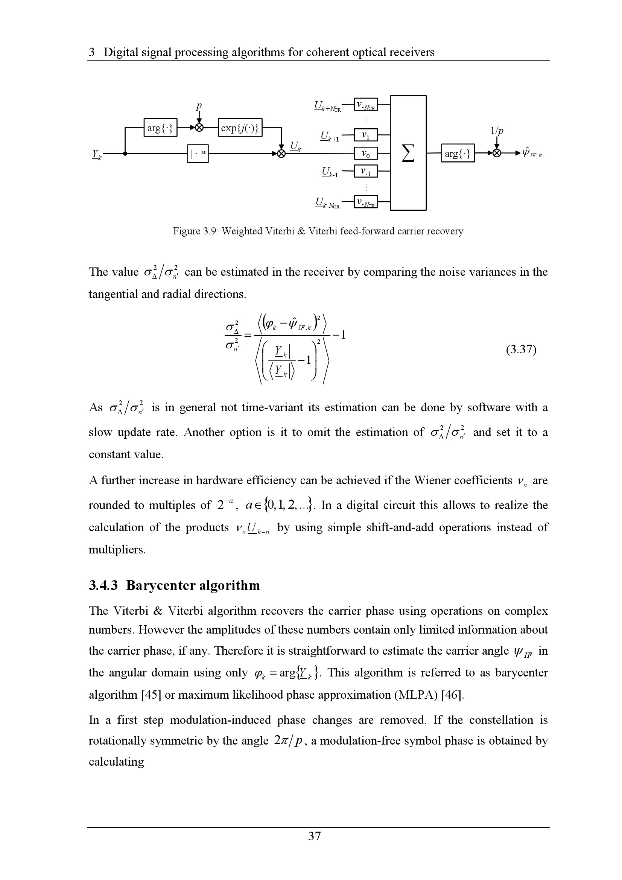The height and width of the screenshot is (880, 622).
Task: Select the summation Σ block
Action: click(408, 153)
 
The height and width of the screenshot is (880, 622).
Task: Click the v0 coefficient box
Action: click(366, 154)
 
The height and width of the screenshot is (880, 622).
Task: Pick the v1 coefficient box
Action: click(366, 135)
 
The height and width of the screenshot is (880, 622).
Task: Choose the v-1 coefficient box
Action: click(366, 171)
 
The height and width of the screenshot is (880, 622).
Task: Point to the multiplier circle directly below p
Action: click(199, 128)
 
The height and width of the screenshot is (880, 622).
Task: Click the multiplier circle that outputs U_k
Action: click(282, 154)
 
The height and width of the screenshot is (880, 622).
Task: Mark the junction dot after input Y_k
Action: click(125, 154)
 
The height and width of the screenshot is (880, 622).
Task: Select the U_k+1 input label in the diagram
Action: click(330, 137)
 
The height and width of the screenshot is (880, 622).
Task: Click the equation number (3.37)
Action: click(521, 350)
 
